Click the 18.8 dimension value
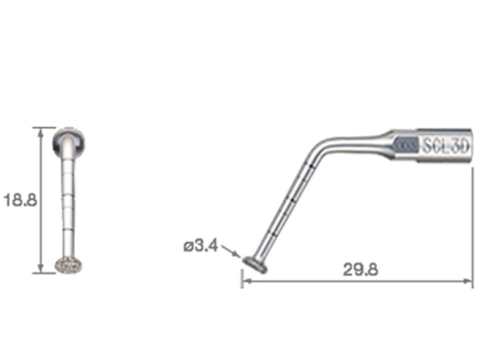point(20,201)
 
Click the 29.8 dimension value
point(361,270)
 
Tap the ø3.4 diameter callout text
point(200,246)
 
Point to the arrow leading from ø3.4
point(230,251)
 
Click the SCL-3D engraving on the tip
point(445,146)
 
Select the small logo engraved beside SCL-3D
point(406,145)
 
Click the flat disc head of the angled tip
point(255,265)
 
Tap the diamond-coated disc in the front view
point(68,266)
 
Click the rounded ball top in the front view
point(68,142)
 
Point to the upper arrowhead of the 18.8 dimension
point(40,132)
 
